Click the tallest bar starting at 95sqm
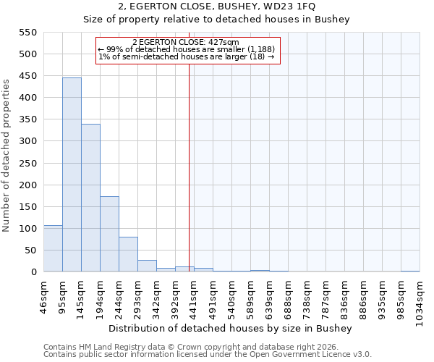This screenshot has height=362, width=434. pos(72,174)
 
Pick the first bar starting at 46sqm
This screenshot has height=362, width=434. pos(53,248)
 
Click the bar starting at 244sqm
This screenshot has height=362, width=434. pos(128,254)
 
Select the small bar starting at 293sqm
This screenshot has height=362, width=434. pos(147,266)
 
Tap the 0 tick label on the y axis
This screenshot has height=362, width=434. pos(33,272)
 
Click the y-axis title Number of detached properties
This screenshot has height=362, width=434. pos(7,156)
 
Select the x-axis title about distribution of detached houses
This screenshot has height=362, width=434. pos(234,328)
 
